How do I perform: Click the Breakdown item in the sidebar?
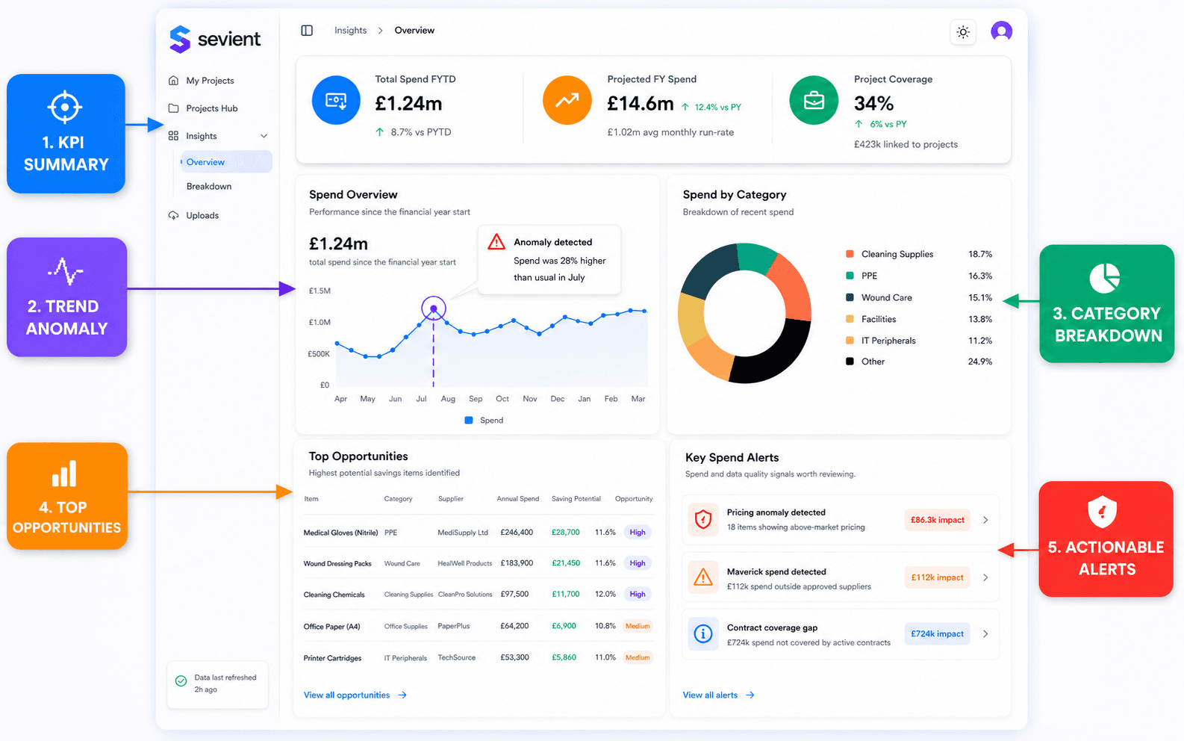tap(209, 186)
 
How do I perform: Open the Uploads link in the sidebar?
tap(202, 215)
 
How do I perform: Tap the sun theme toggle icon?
tap(963, 31)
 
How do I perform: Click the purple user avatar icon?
tap(1002, 31)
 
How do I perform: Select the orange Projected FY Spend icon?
tap(567, 100)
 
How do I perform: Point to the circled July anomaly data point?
tap(434, 309)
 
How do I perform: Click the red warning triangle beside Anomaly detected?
tap(496, 242)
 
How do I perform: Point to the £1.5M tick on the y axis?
tap(320, 291)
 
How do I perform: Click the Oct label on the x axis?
tap(502, 399)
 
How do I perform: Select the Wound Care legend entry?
tap(886, 297)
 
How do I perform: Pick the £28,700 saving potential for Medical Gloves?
tap(566, 532)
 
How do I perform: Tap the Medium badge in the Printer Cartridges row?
tap(638, 657)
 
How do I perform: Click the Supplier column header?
tap(450, 499)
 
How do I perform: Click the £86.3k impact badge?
tap(937, 520)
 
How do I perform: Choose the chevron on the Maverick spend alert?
tap(985, 577)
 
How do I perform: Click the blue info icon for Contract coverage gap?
tap(703, 633)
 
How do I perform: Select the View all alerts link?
tap(718, 695)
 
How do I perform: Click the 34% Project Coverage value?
tap(873, 103)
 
